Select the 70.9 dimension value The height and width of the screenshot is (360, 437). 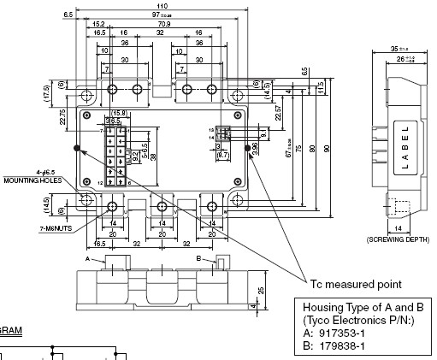coord(163,25)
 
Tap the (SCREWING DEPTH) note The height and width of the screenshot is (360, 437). coord(401,238)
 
